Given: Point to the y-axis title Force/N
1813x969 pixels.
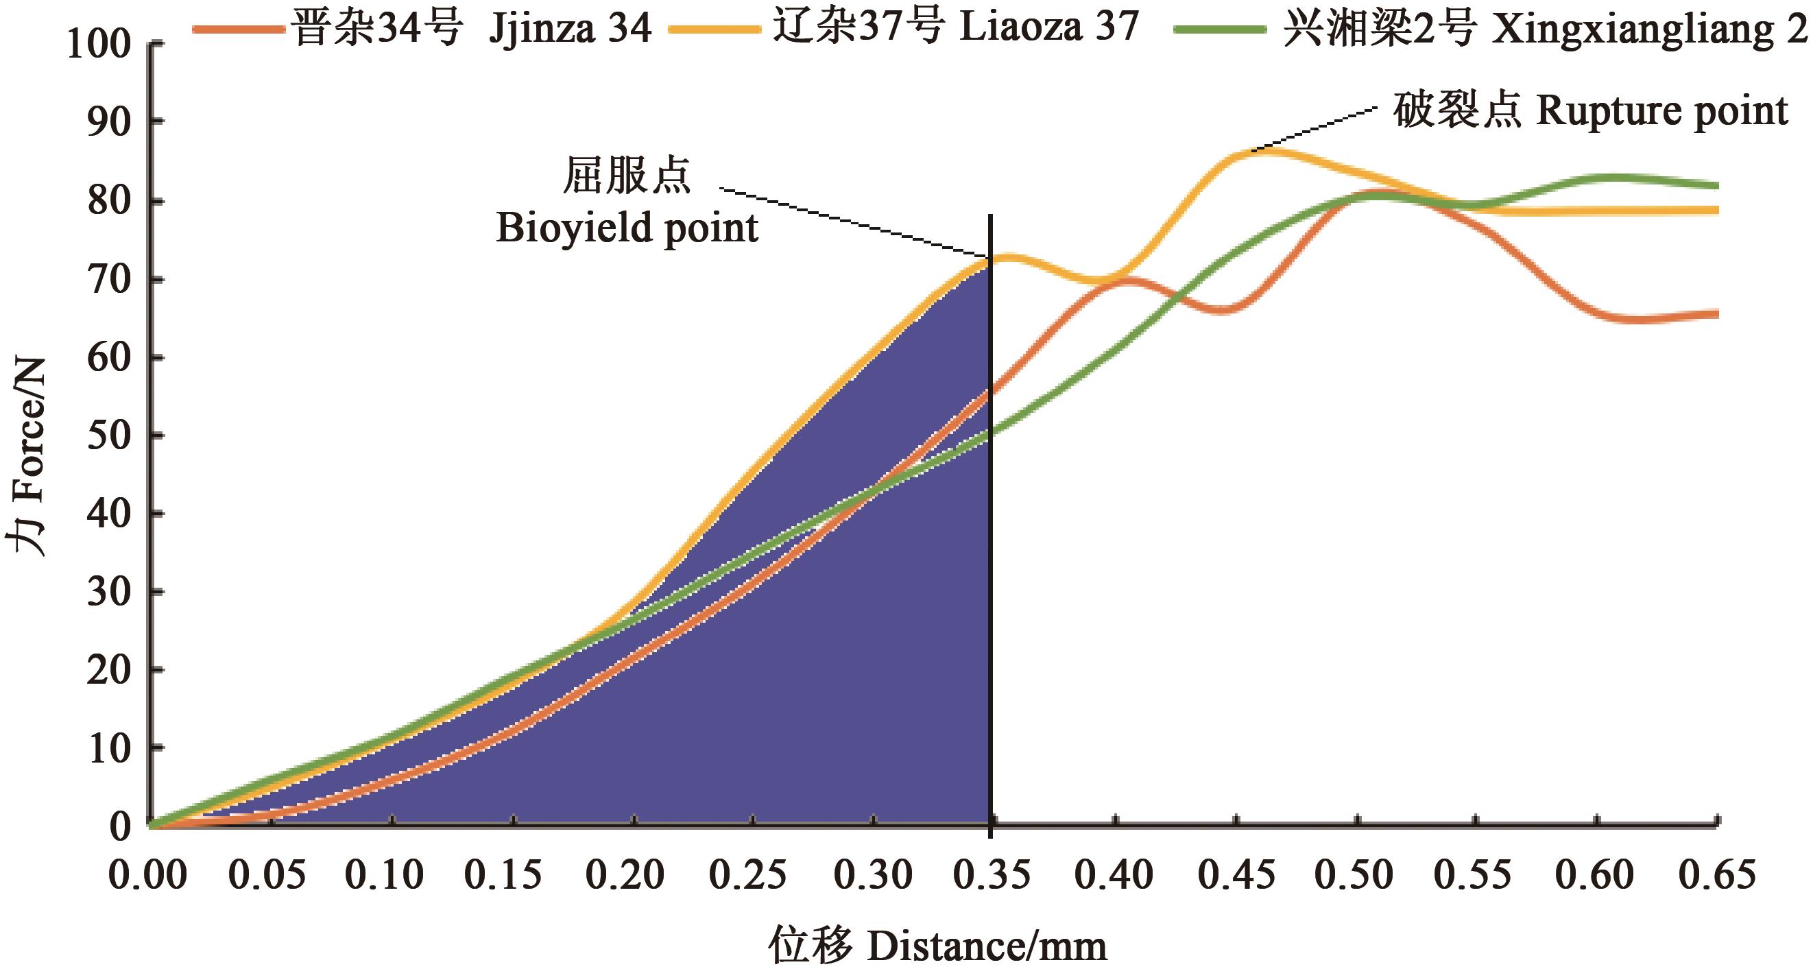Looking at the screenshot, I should pos(28,457).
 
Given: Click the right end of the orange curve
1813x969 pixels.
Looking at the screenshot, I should pos(1716,315).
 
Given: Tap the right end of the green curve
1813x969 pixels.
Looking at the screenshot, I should pos(1716,186).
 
